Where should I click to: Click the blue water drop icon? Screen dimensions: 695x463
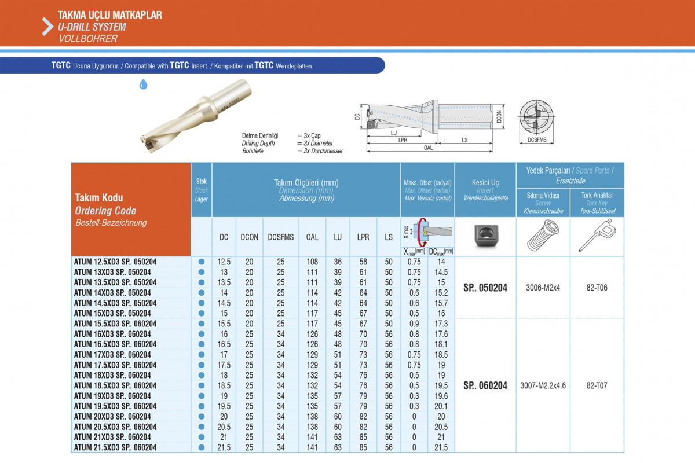click(x=143, y=84)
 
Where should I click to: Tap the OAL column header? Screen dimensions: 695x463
click(x=312, y=237)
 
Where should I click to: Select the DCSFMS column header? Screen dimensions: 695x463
click(x=280, y=237)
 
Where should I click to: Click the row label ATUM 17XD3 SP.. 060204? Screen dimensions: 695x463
click(x=112, y=354)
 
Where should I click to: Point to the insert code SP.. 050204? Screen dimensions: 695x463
click(x=485, y=288)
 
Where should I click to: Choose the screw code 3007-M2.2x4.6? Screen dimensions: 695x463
click(x=543, y=385)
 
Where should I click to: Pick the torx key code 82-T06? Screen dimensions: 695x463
click(x=597, y=288)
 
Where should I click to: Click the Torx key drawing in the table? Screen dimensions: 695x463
click(x=597, y=236)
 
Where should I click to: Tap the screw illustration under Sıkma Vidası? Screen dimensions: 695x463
click(x=543, y=236)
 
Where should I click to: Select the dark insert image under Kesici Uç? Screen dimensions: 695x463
click(x=486, y=236)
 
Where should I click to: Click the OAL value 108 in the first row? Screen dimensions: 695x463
click(x=312, y=262)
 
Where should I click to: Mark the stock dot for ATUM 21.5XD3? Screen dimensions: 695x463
click(x=202, y=447)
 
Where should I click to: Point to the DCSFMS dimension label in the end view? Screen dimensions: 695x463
click(x=537, y=140)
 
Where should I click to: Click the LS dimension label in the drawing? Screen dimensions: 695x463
click(x=464, y=140)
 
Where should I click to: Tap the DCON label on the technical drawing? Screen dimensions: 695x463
click(x=499, y=116)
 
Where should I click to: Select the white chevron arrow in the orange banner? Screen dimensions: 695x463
click(x=47, y=27)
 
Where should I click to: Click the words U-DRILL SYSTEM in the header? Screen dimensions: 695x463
click(x=92, y=27)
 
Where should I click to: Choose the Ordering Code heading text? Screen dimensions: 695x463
click(x=105, y=211)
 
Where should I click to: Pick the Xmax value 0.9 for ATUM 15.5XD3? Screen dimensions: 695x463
click(x=414, y=324)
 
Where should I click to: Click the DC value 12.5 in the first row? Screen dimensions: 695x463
click(x=224, y=262)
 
